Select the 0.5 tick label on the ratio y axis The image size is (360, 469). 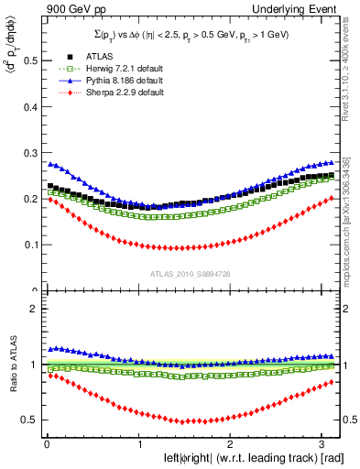pyautogui.click(x=29, y=420)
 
